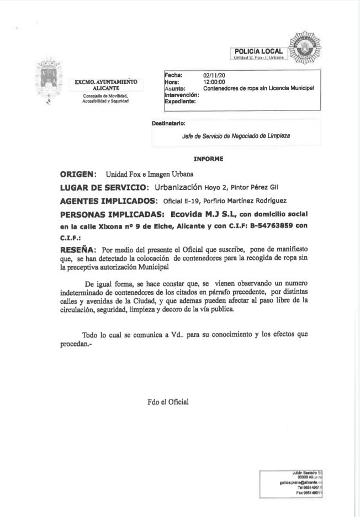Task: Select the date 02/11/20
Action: pos(213,76)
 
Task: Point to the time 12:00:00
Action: pos(213,82)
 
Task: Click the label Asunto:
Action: pos(174,88)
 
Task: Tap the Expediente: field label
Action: pos(179,101)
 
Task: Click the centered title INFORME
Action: pos(208,159)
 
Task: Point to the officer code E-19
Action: pos(183,201)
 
